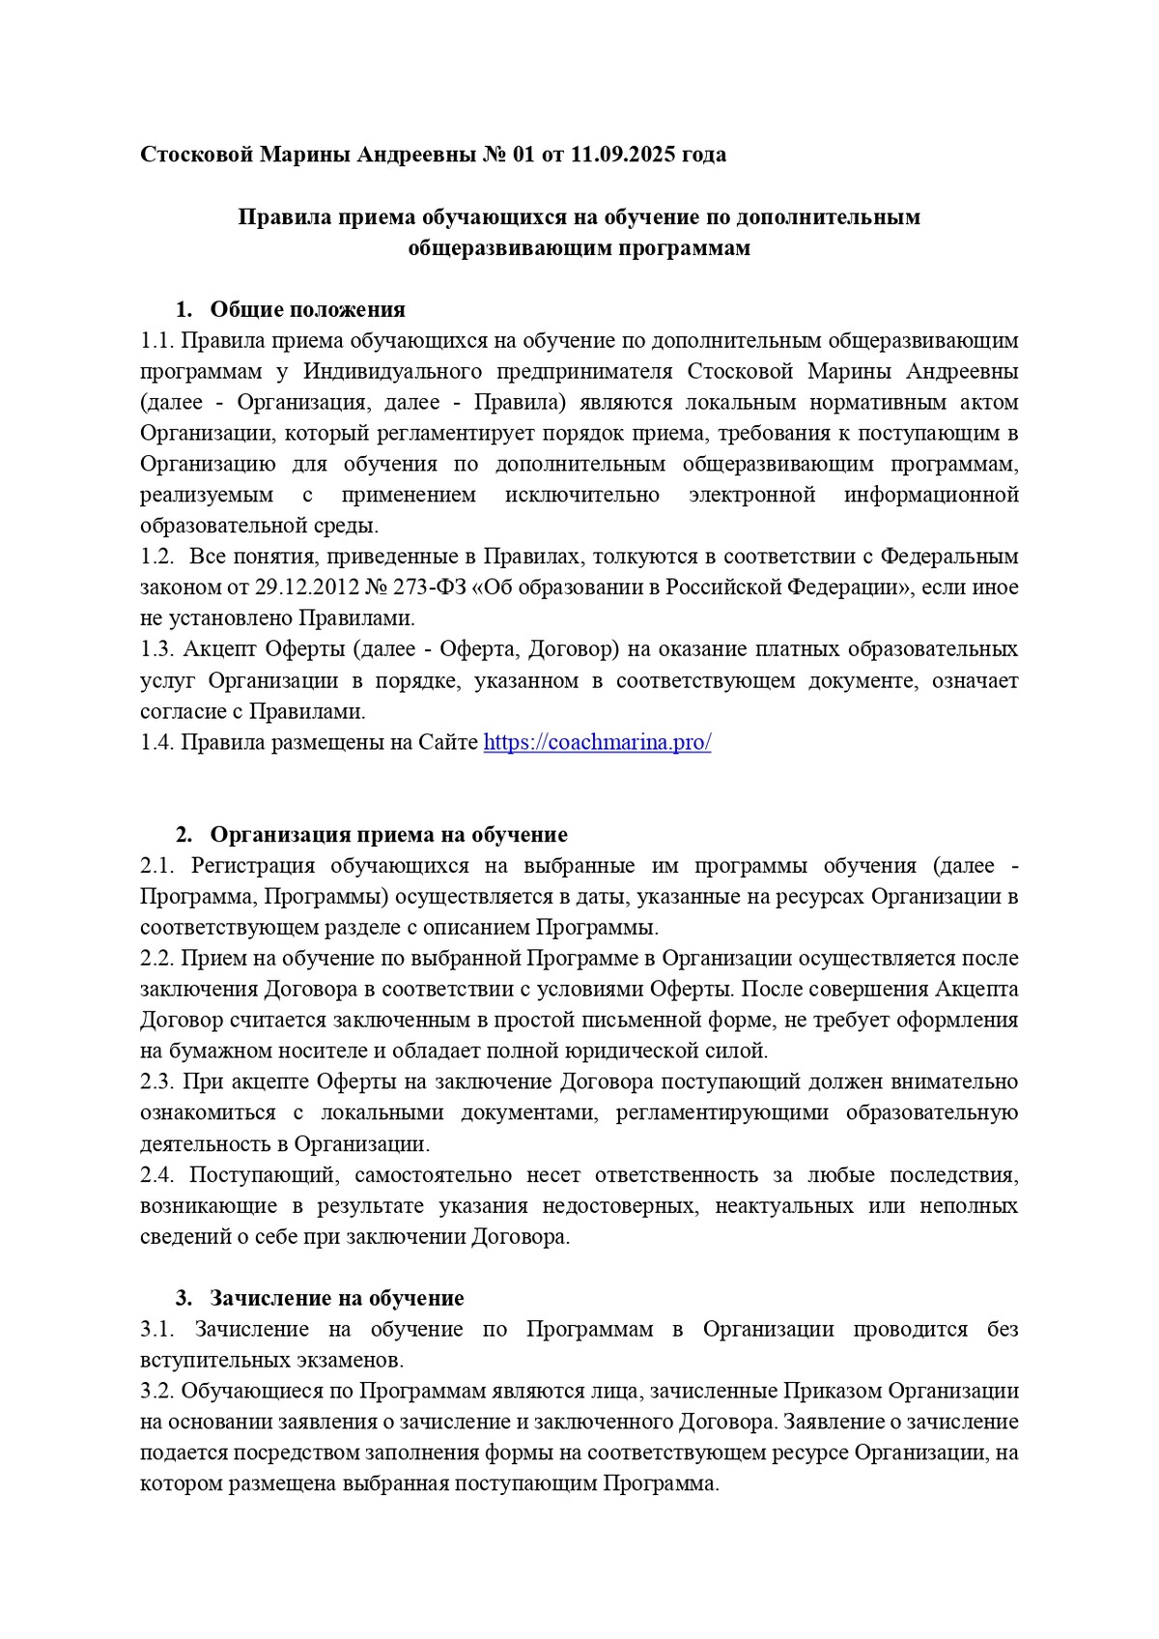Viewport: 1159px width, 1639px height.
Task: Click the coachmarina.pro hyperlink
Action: pos(597,742)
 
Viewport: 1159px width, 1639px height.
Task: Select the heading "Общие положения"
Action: pos(307,309)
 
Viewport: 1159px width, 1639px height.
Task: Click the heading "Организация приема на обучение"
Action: pos(388,834)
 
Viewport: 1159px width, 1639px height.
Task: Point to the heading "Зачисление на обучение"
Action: pos(337,1298)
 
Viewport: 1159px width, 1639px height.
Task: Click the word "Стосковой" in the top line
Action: pos(197,155)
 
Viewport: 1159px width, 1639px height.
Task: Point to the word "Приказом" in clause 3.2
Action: pos(831,1392)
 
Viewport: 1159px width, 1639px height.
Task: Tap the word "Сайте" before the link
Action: pos(448,742)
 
